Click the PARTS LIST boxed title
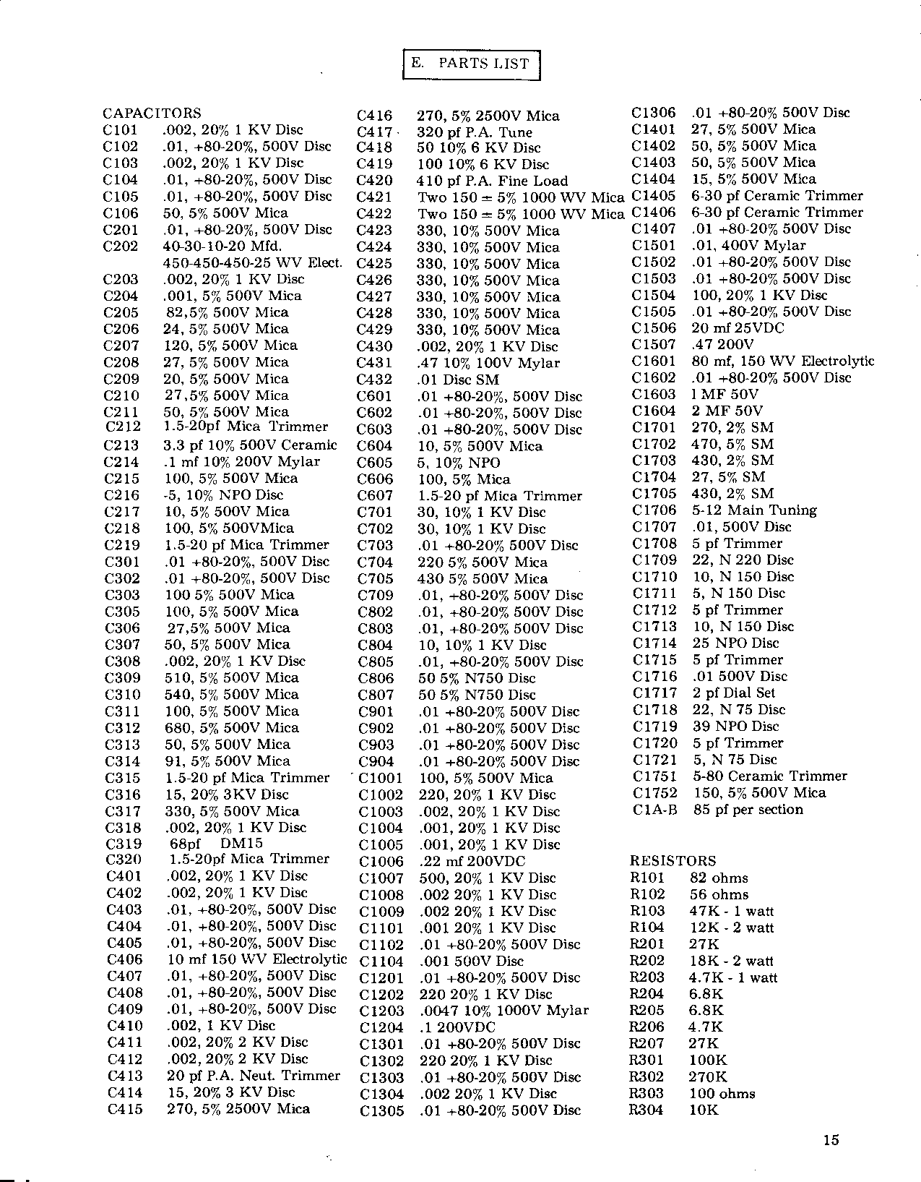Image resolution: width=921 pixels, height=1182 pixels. [x=470, y=64]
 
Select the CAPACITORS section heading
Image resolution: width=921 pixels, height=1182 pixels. [x=152, y=114]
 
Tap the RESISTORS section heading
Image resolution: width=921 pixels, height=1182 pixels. [x=673, y=861]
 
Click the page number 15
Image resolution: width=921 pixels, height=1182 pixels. [x=831, y=1140]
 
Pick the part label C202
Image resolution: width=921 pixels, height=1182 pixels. [x=121, y=246]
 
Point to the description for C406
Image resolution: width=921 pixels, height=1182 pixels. [x=257, y=959]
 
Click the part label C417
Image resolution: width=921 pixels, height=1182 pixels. [x=374, y=132]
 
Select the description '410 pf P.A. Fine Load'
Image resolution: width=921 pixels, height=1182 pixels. [x=493, y=181]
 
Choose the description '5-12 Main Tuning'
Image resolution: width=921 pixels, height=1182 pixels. [x=755, y=510]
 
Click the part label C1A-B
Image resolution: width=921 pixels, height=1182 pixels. [x=655, y=810]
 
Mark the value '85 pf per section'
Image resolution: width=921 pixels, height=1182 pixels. [x=748, y=810]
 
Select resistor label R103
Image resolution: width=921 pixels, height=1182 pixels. [x=647, y=911]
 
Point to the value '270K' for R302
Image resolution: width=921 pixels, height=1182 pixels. [x=708, y=1077]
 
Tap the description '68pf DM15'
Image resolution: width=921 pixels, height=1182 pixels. [x=216, y=844]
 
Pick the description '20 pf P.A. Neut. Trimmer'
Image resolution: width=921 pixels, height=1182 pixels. [x=254, y=1076]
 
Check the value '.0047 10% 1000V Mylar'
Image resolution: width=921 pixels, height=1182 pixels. [x=504, y=1011]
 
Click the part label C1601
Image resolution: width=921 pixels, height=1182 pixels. [x=654, y=361]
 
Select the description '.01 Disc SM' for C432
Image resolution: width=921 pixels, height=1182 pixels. [x=459, y=380]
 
